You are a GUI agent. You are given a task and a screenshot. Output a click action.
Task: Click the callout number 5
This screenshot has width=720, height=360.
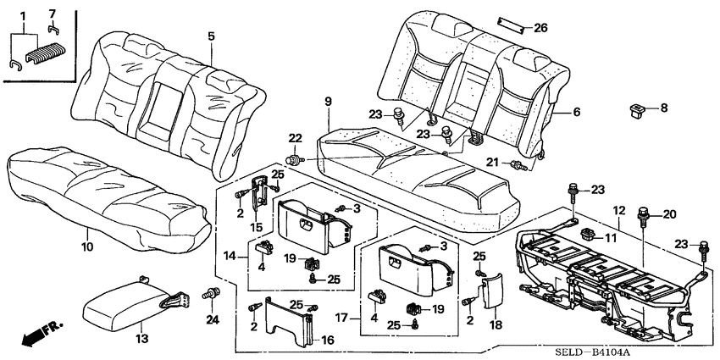click(x=211, y=36)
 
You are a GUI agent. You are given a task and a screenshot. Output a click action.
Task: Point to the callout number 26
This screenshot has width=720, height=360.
click(x=540, y=28)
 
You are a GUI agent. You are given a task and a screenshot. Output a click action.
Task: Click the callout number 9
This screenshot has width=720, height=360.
click(x=328, y=103)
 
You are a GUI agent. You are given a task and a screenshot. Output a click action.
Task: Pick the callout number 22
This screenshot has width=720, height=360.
click(x=296, y=139)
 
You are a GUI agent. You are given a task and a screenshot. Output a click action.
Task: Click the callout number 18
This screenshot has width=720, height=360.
click(x=495, y=324)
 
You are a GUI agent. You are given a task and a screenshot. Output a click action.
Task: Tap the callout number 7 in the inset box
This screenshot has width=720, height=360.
click(x=53, y=14)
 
